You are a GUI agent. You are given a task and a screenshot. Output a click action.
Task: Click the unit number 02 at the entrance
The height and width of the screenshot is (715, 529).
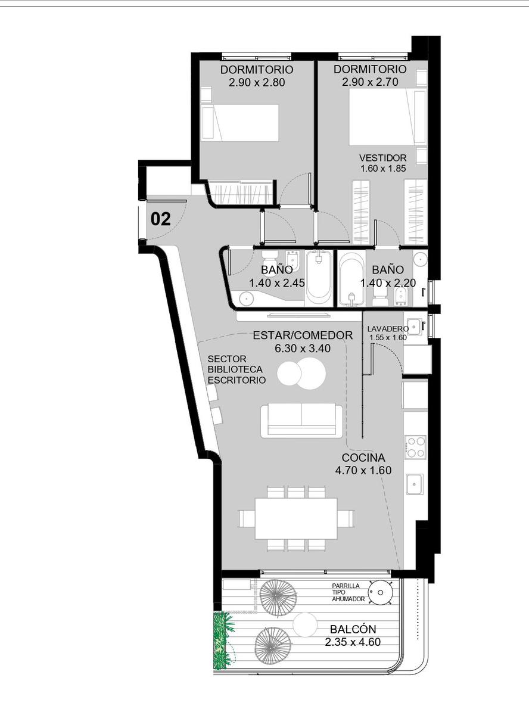pyautogui.click(x=160, y=219)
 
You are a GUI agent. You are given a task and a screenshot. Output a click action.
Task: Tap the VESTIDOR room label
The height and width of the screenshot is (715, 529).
pyautogui.click(x=382, y=158)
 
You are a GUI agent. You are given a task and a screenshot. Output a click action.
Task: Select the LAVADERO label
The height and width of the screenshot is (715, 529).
pyautogui.click(x=388, y=329)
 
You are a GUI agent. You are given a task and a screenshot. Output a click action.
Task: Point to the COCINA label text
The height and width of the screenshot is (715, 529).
pyautogui.click(x=363, y=458)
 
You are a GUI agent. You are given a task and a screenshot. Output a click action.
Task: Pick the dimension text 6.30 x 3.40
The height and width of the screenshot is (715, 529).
pyautogui.click(x=303, y=349)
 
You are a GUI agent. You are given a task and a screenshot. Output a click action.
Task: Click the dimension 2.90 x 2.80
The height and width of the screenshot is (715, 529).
pyautogui.click(x=257, y=83)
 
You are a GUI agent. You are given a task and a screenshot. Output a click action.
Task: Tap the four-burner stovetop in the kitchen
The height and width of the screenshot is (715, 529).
pyautogui.click(x=416, y=447)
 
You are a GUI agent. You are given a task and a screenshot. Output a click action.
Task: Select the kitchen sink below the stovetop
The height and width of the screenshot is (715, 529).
pyautogui.click(x=415, y=484)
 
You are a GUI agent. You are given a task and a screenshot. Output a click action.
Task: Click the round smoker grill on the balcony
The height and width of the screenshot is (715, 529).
pyautogui.click(x=381, y=592)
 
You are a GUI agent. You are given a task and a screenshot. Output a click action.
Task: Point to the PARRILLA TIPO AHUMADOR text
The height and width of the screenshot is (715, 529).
pyautogui.click(x=348, y=592)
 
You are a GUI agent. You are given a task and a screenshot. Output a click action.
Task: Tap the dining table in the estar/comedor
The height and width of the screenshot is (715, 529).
pyautogui.click(x=296, y=519)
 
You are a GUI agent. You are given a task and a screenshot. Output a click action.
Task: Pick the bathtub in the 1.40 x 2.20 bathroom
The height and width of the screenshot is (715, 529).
pyautogui.click(x=351, y=278)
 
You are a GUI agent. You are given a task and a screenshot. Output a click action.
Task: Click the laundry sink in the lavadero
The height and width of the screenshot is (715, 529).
pyautogui.click(x=413, y=327)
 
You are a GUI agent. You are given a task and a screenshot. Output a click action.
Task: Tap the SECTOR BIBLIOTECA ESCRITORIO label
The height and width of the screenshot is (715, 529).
pyautogui.click(x=237, y=369)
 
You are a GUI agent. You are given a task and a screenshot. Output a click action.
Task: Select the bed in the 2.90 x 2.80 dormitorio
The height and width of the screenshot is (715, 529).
pyautogui.click(x=240, y=123)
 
